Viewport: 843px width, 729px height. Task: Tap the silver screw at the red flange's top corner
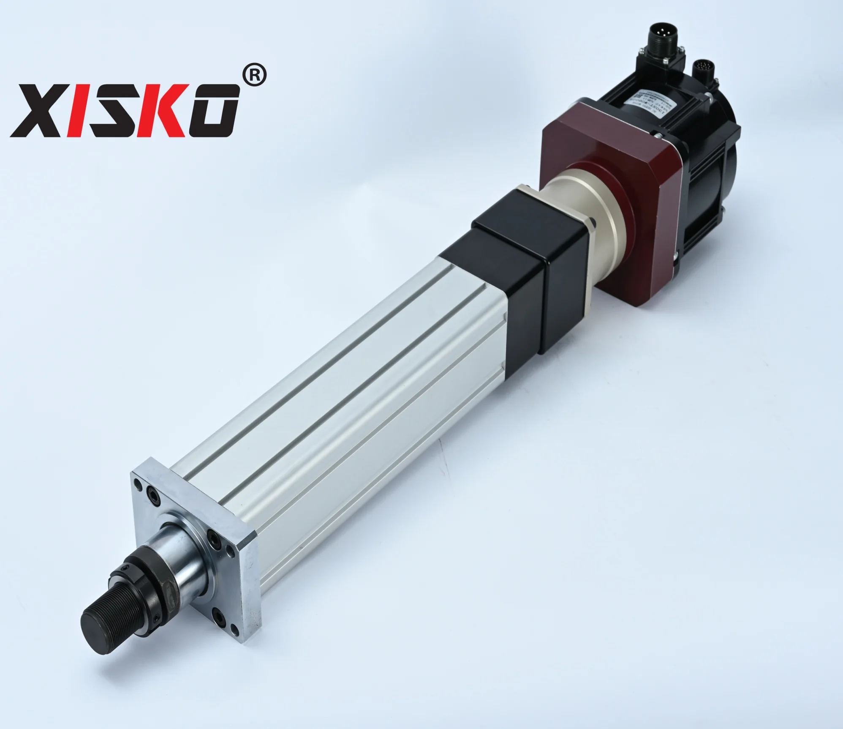click(x=658, y=135)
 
